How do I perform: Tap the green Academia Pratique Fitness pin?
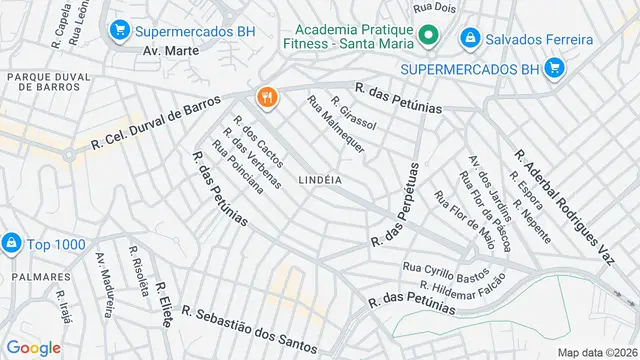pos(428,38)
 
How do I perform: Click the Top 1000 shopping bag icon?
pos(12,243)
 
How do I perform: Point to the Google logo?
pos(33,347)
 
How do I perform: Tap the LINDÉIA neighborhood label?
pos(320,180)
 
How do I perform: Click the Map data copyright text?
pos(597,352)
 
